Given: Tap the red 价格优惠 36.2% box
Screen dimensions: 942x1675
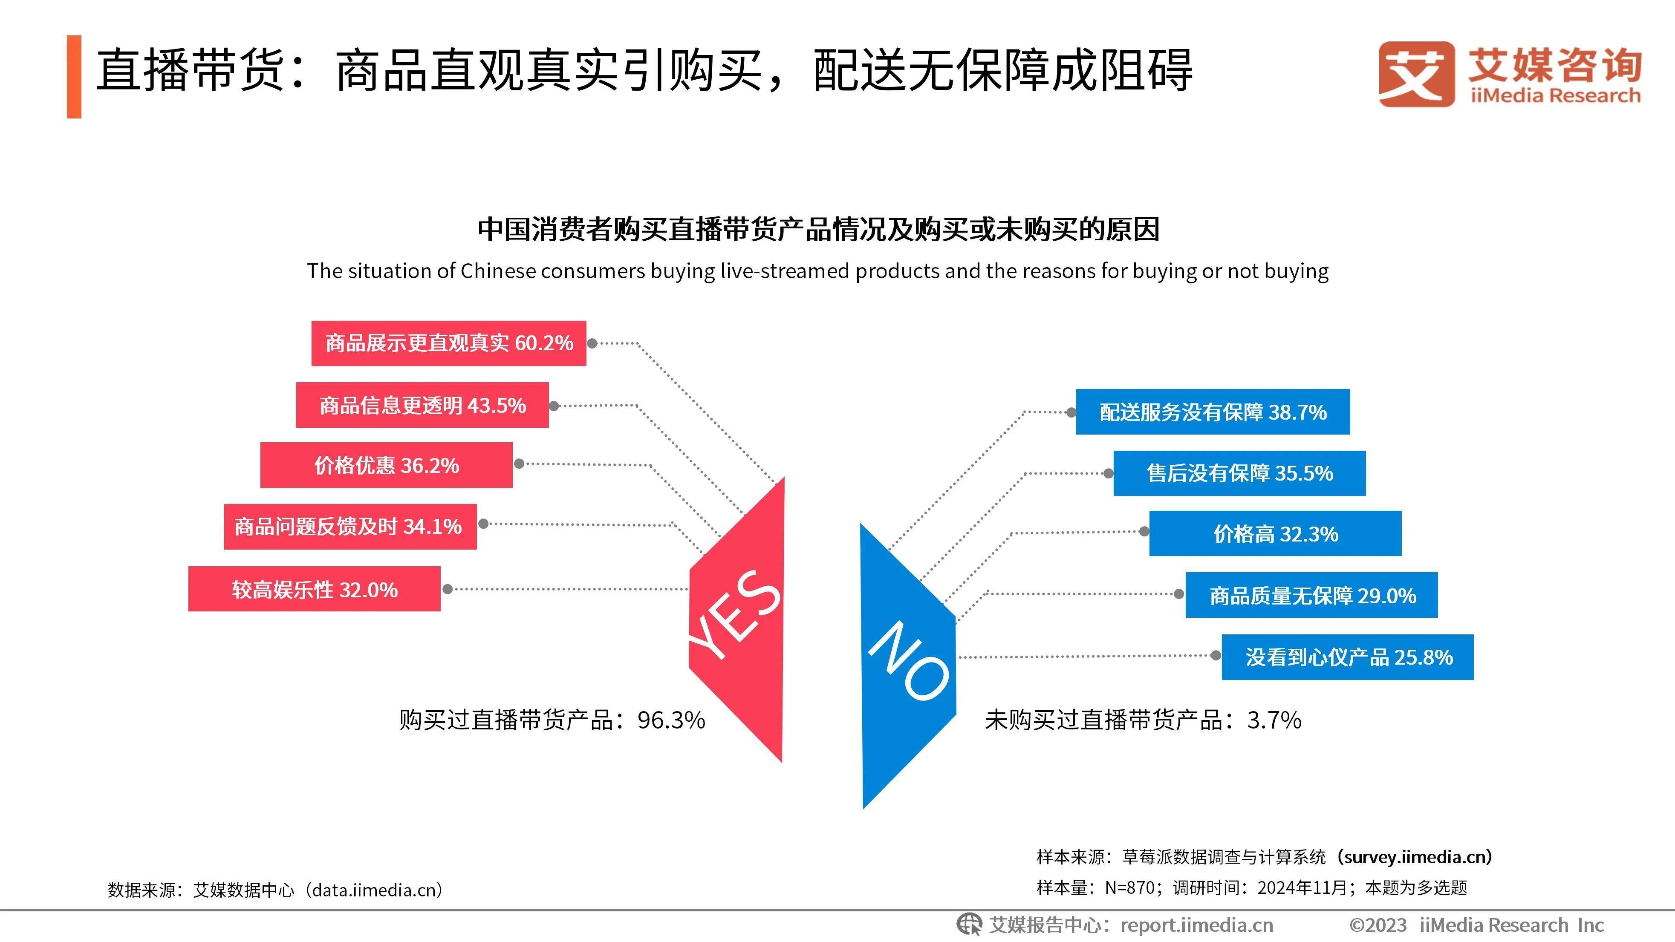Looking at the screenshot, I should point(386,465).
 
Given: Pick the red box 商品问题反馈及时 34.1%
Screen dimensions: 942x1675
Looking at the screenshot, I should point(350,526).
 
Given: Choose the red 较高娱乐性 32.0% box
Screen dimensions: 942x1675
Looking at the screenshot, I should point(314,589).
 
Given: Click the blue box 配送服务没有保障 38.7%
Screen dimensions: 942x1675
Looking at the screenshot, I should point(1213,412).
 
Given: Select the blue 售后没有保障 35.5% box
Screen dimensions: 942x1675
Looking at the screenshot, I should point(1239,472).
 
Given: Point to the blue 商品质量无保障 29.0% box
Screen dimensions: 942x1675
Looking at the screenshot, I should point(1311,595).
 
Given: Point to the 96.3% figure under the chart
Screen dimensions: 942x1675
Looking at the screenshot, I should point(671,720).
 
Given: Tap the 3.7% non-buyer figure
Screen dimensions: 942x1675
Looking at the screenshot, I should point(1274,720).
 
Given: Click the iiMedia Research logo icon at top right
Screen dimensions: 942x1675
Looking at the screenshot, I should point(1417,73).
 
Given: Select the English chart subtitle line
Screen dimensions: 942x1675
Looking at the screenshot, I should point(817,271).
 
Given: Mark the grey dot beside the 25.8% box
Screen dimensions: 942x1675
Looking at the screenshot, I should point(1215,655).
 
